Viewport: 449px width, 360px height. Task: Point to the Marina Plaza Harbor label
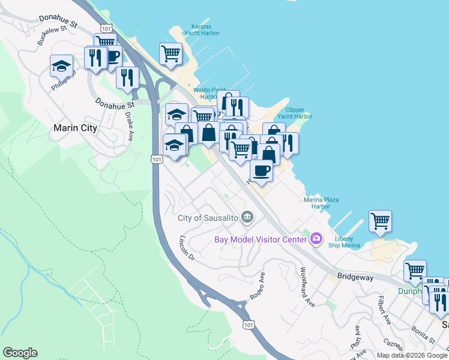[x=317, y=203]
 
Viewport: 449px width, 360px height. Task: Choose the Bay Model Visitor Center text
[x=261, y=240]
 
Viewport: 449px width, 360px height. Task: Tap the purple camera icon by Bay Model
[x=316, y=239]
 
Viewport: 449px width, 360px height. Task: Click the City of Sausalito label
[x=208, y=218]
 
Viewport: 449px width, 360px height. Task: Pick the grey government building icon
[x=247, y=217]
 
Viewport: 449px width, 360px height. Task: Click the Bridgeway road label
[x=355, y=278]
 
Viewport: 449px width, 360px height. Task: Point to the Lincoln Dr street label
[x=187, y=247]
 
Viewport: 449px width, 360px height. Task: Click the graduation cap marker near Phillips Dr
[x=61, y=65]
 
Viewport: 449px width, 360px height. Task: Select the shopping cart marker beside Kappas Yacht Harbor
[x=170, y=53]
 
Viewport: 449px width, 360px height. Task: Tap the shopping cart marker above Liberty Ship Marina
[x=380, y=221]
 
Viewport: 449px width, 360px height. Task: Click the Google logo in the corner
[x=20, y=353]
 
